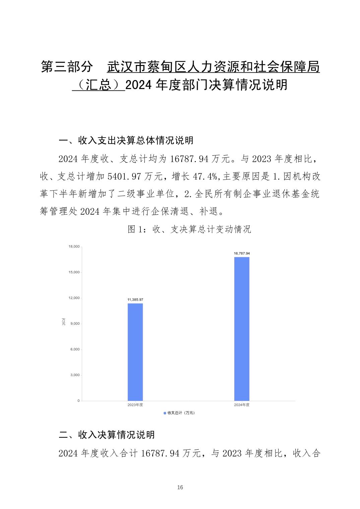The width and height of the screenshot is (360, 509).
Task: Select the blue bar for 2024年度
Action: [x=242, y=329]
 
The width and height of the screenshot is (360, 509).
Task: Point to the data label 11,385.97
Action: [x=135, y=299]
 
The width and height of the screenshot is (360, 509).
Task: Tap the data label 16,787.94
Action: [x=242, y=253]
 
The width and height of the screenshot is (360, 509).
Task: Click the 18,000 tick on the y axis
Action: [x=74, y=247]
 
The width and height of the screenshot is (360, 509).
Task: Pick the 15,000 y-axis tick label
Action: [x=74, y=272]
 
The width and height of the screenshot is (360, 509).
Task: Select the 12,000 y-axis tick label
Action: [x=74, y=298]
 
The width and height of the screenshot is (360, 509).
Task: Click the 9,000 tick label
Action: [x=75, y=324]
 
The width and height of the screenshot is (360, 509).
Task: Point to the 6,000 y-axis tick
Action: [x=75, y=349]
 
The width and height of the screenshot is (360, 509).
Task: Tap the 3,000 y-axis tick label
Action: [x=75, y=375]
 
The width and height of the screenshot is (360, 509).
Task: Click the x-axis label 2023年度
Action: [x=135, y=405]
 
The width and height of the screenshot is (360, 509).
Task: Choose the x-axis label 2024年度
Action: [x=242, y=405]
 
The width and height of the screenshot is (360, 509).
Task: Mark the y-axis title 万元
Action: [x=63, y=322]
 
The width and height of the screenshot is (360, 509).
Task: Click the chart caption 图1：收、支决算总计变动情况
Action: [x=189, y=229]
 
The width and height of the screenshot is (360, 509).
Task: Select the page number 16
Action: [x=180, y=487]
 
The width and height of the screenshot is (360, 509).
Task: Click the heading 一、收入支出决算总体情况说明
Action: [x=126, y=140]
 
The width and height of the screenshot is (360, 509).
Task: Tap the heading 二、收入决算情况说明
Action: [x=107, y=435]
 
